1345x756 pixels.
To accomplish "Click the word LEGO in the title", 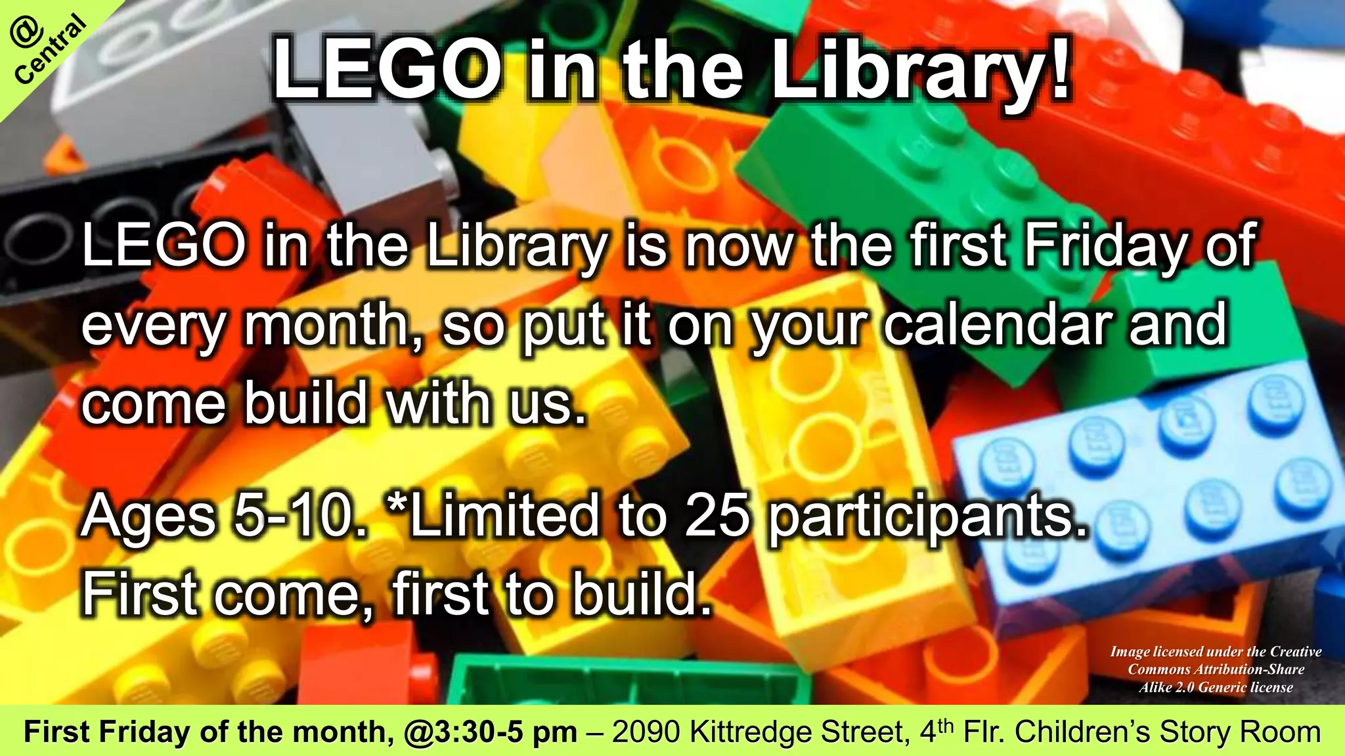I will [387, 69].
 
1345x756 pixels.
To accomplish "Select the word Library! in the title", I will [919, 69].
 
